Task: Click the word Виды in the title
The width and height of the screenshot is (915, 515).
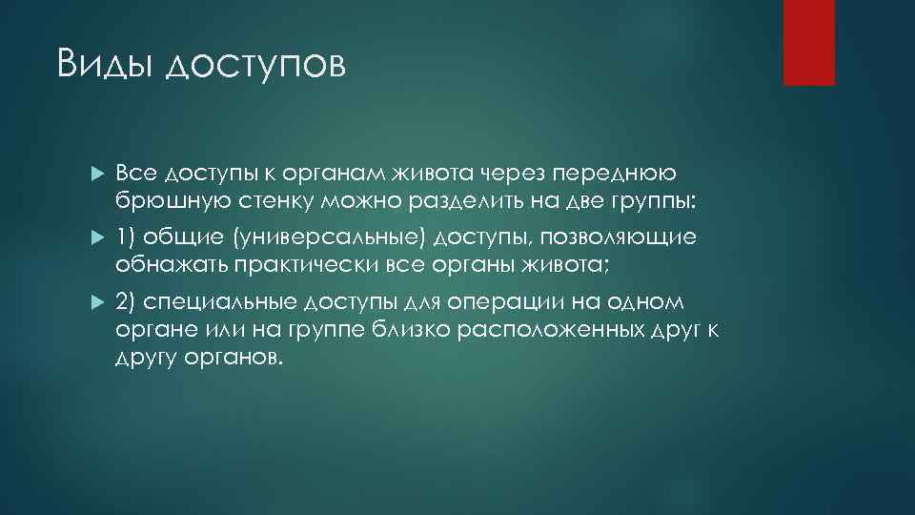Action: tap(104, 65)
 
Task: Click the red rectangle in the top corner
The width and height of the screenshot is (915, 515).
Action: tap(808, 42)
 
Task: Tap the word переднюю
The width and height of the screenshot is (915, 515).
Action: tap(624, 174)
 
